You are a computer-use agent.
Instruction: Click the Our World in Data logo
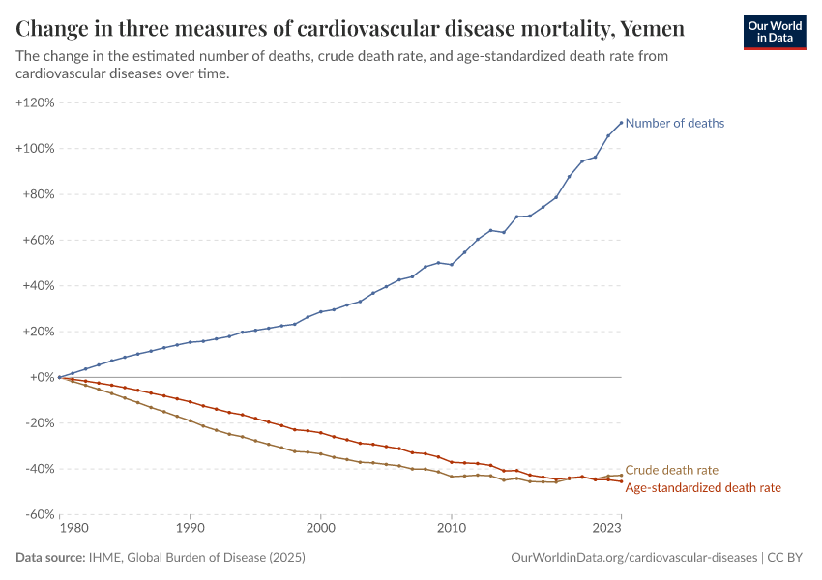pyautogui.click(x=774, y=32)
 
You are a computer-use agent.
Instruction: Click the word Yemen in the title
pyautogui.click(x=653, y=29)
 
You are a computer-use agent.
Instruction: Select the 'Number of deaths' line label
pyautogui.click(x=674, y=123)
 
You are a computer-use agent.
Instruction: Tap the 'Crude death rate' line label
pyautogui.click(x=671, y=470)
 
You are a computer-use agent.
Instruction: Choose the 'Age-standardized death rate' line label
pyautogui.click(x=703, y=488)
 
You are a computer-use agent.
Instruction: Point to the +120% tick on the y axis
pyautogui.click(x=36, y=102)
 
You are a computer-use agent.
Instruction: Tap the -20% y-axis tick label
pyautogui.click(x=39, y=423)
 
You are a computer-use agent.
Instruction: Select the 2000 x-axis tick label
pyautogui.click(x=320, y=529)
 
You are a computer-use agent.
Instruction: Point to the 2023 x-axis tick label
pyautogui.click(x=607, y=529)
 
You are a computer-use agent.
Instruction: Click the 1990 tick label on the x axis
pyautogui.click(x=190, y=529)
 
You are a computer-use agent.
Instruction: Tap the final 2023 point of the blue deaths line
pyautogui.click(x=620, y=123)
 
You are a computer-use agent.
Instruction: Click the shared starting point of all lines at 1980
pyautogui.click(x=60, y=377)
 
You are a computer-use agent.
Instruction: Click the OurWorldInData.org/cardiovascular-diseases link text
pyautogui.click(x=632, y=558)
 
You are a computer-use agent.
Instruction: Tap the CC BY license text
pyautogui.click(x=787, y=558)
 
